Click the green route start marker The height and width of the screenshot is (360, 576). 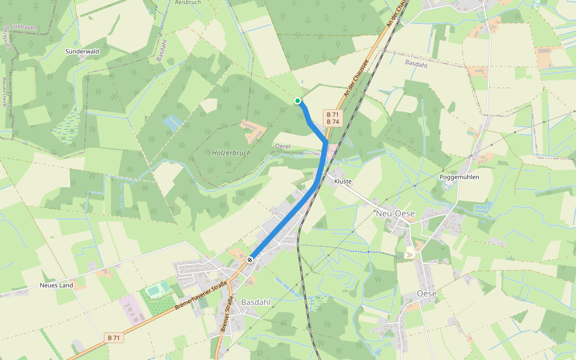[x=298, y=101]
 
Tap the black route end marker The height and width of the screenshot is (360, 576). [x=250, y=260]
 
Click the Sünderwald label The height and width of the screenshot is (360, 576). [x=82, y=52]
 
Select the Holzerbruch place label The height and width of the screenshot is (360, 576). [x=231, y=153]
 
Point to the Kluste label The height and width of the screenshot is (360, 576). [x=343, y=181]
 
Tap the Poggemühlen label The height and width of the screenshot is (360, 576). [x=460, y=177]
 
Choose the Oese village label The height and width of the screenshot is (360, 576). [x=426, y=293]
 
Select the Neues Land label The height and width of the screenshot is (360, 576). [x=56, y=285]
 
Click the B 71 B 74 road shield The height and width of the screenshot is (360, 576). [x=332, y=118]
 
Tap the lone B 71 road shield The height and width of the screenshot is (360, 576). [x=114, y=338]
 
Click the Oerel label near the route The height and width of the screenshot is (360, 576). [x=282, y=146]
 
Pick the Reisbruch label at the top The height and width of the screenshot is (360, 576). [x=187, y=2]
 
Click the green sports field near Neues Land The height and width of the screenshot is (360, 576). [x=158, y=291]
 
